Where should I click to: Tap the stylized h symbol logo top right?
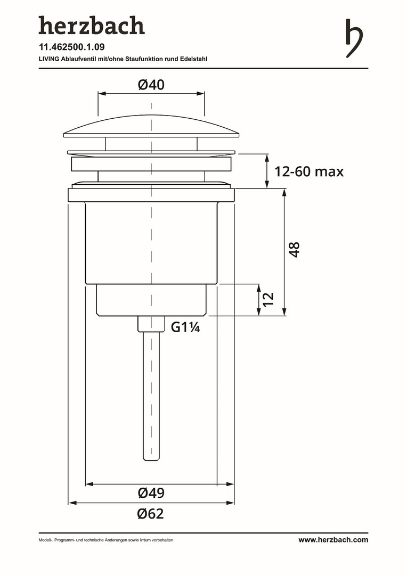[354, 38]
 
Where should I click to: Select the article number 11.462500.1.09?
[71, 47]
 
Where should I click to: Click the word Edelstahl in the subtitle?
[194, 59]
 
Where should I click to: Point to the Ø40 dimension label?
[151, 85]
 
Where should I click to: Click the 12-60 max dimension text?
[309, 171]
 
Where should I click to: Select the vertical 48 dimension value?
[295, 249]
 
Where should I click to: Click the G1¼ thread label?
[185, 327]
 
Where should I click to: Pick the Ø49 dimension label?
[151, 493]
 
